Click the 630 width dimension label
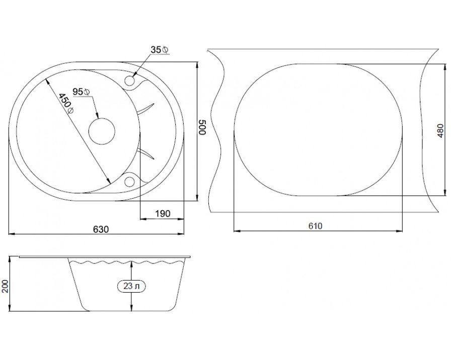point(101,229)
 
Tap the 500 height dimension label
point(202,127)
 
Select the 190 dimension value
point(163,214)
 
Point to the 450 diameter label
point(66,104)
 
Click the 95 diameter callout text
point(82,92)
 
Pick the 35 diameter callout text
point(160,50)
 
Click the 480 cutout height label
point(440,131)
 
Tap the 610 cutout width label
point(315,226)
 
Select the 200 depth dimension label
point(5,286)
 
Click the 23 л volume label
point(131,286)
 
